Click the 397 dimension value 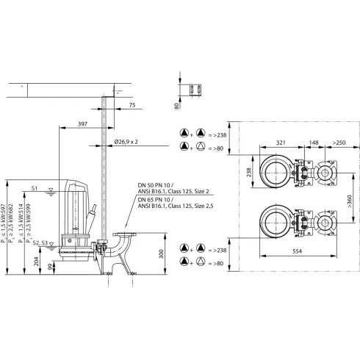click(82, 124)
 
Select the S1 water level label click(35, 189)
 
